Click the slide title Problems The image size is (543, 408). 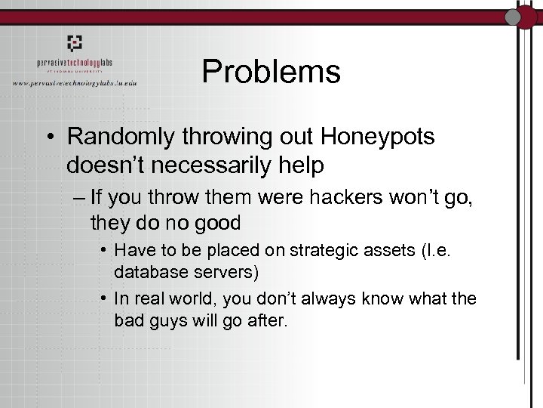click(271, 73)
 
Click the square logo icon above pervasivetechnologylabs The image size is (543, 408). click(73, 43)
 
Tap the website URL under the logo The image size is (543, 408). click(84, 82)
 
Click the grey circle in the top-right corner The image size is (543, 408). click(514, 17)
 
